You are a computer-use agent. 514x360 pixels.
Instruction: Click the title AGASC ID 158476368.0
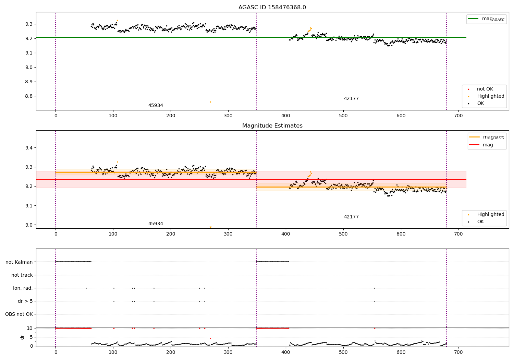coord(272,8)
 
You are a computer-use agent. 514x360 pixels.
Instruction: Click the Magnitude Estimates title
coord(272,126)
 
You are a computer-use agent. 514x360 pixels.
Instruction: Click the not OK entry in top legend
coord(485,89)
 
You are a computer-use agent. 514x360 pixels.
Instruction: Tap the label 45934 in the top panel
coord(156,106)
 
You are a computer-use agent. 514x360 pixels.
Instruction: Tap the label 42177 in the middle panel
coord(351,217)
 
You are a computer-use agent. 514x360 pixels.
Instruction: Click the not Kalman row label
coord(19,262)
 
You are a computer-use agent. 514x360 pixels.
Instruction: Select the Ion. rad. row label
coord(23,288)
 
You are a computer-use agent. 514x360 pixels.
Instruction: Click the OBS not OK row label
coord(19,314)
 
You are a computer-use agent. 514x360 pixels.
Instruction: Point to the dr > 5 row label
coord(25,301)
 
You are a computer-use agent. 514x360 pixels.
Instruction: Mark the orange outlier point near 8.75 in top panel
coord(210,102)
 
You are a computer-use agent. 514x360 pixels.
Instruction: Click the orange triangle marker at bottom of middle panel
coord(210,227)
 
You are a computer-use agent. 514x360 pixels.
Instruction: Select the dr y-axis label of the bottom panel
coord(22,337)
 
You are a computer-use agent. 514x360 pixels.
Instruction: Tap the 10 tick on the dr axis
coord(29,328)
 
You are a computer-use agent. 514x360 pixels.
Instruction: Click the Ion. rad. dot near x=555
coord(375,288)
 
